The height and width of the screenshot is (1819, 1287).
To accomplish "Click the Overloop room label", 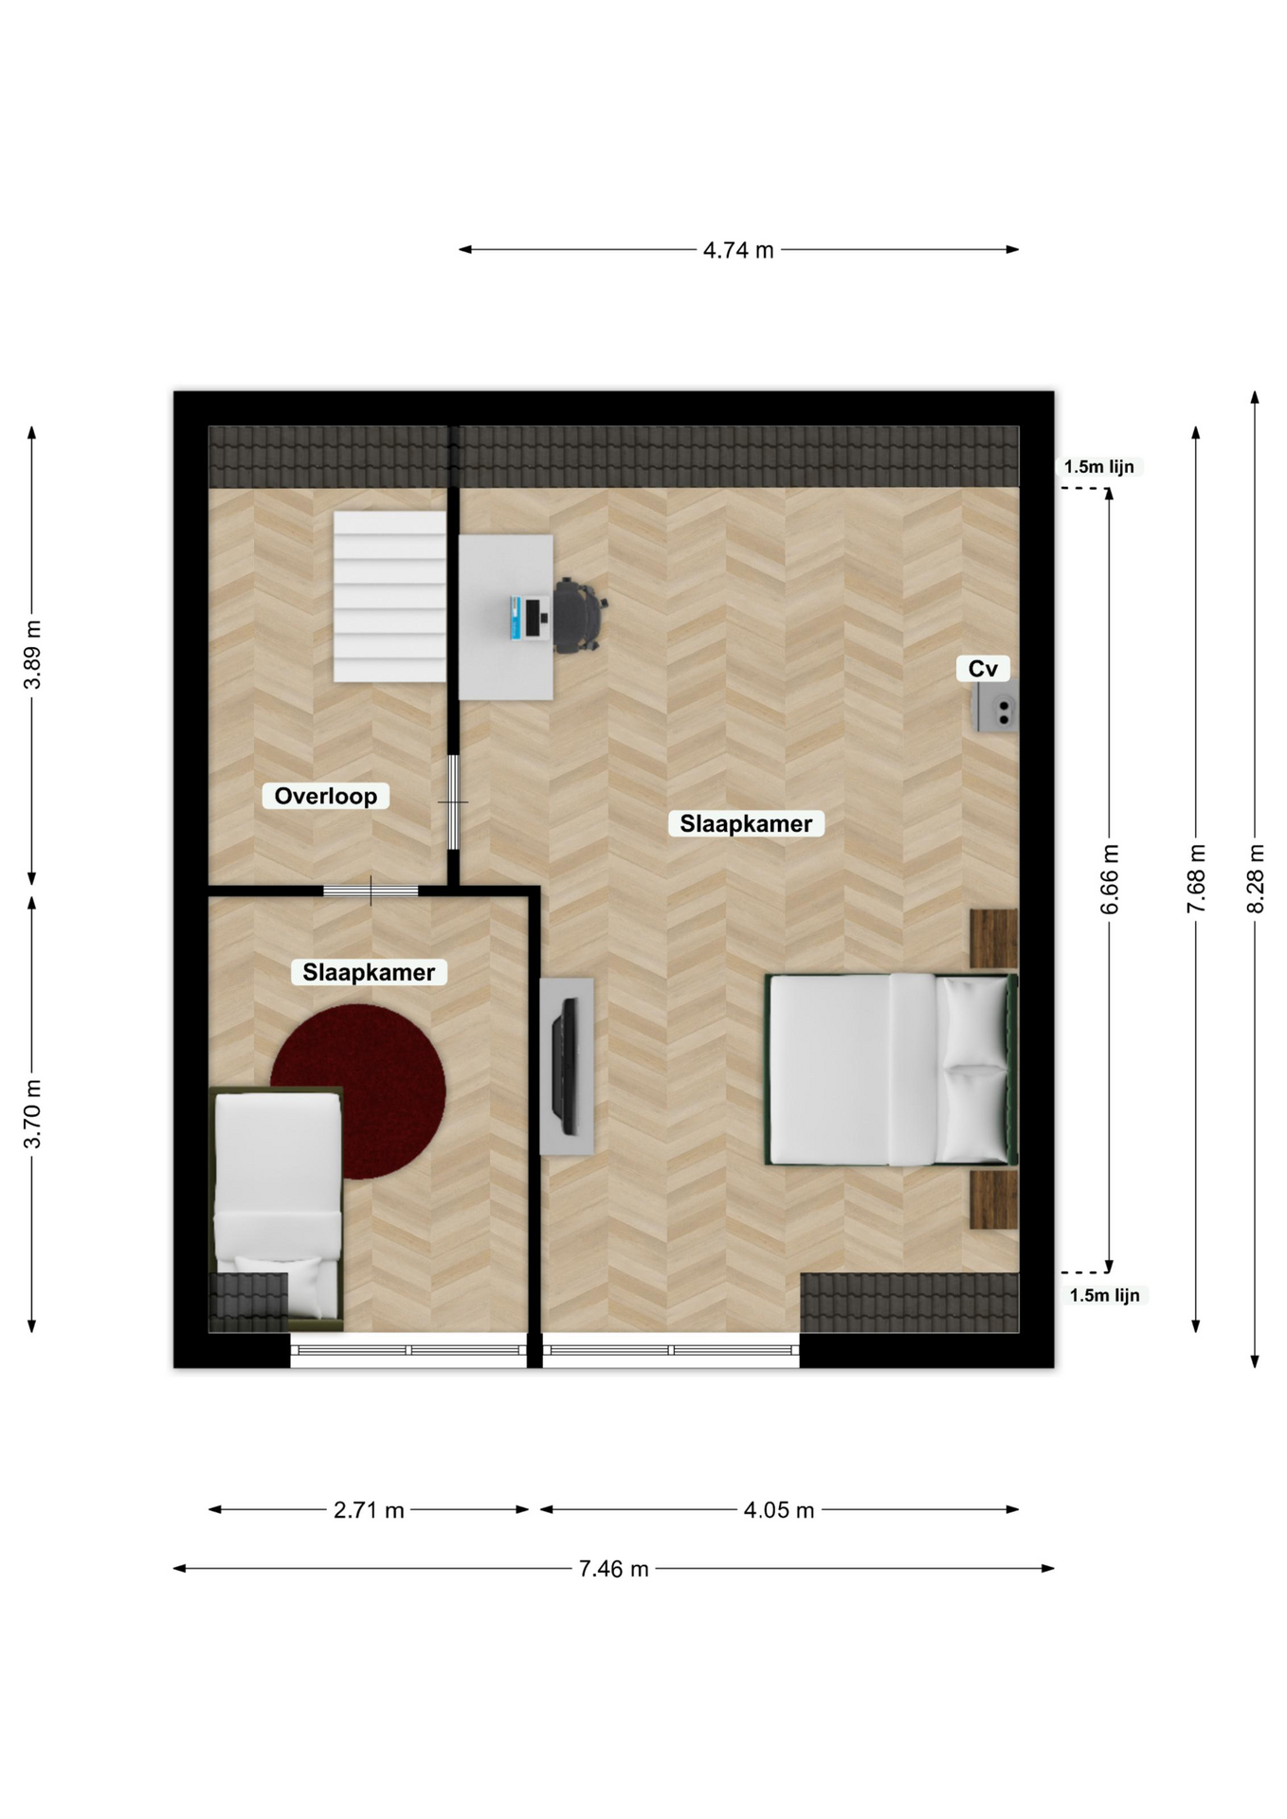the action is (325, 796).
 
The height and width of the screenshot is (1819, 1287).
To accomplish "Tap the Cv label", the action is (983, 669).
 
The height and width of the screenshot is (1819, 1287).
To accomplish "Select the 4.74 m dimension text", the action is (738, 250).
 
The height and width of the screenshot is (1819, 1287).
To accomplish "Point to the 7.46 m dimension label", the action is (613, 1569).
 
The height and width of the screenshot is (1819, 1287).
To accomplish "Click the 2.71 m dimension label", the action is (369, 1510).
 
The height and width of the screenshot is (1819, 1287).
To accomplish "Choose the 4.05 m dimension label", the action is (778, 1510).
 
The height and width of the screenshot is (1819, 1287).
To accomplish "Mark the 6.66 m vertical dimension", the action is (1110, 879).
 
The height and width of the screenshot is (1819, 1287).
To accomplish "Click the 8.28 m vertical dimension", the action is (1255, 879).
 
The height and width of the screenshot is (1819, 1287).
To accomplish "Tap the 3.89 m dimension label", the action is (32, 656).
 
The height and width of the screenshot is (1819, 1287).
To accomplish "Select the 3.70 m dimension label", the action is (32, 1114).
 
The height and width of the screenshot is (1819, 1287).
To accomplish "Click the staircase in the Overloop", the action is (390, 596).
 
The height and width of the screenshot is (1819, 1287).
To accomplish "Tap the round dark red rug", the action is (358, 1091).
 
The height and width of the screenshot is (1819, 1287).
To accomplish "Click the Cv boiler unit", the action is (995, 707).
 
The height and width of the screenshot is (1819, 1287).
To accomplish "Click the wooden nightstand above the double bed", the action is (994, 939).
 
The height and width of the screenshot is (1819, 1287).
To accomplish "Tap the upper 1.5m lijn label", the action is (1099, 467).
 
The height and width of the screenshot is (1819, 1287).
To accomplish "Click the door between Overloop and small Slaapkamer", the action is (371, 891).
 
